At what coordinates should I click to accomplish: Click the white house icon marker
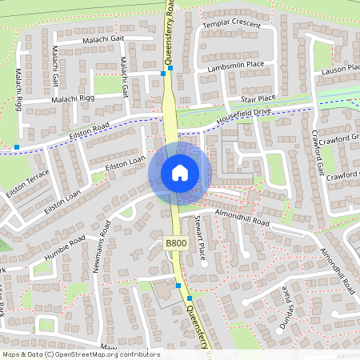(x=180, y=172)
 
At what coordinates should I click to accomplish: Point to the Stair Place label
(x=258, y=98)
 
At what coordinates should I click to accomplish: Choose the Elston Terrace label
(x=27, y=185)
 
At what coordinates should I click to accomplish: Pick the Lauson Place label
(x=340, y=70)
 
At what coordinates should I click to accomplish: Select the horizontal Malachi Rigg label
(x=74, y=98)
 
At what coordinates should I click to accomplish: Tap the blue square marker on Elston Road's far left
(x=17, y=148)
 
